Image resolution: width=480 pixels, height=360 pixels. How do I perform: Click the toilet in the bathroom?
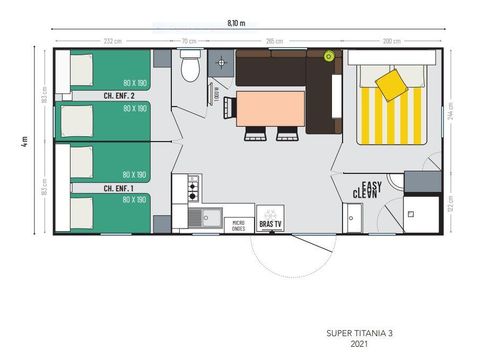tap(190, 68)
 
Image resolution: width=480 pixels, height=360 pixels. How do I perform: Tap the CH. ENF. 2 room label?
tap(119, 96)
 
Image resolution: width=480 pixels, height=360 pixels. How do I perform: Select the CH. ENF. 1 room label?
tap(119, 187)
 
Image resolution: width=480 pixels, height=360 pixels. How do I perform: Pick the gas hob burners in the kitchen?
tap(191, 187)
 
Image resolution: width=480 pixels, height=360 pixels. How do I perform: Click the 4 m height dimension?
tap(23, 140)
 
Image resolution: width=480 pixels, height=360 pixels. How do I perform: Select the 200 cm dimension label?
tap(393, 41)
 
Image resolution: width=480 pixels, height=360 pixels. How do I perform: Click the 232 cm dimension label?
tap(112, 41)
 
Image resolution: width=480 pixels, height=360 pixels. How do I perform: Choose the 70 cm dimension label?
tap(189, 41)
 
